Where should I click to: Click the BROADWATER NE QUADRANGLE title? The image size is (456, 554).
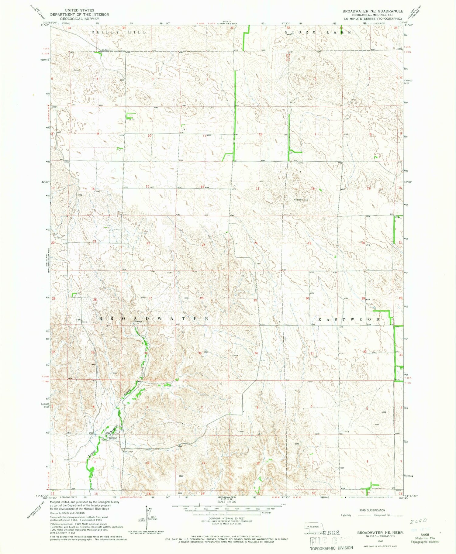(373, 11)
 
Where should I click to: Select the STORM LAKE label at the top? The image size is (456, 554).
(318, 32)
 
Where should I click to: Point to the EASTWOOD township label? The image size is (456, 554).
(349, 319)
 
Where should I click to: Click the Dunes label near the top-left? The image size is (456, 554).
(76, 70)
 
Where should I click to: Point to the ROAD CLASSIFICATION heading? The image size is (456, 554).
(372, 510)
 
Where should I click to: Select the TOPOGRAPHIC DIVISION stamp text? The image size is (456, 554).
(331, 548)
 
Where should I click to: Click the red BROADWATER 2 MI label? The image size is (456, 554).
(131, 497)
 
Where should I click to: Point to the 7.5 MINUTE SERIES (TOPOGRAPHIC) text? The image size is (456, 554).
(373, 19)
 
